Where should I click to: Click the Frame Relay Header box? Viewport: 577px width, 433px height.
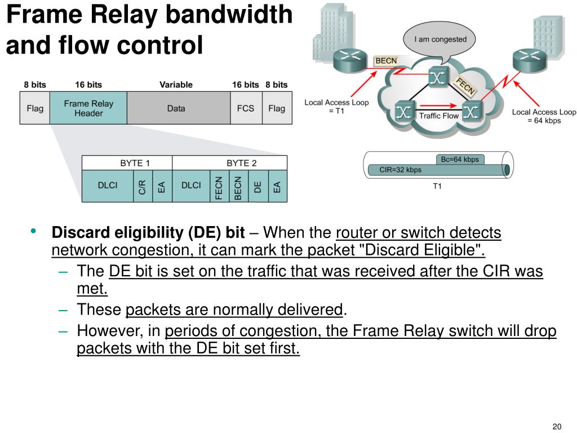(x=88, y=108)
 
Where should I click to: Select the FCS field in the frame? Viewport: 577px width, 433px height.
(x=246, y=108)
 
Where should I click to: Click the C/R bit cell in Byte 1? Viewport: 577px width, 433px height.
(x=143, y=186)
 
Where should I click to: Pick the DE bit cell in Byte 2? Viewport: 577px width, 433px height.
(x=258, y=186)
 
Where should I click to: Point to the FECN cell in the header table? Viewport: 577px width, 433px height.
(x=219, y=186)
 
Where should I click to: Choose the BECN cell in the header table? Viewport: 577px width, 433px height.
(x=239, y=186)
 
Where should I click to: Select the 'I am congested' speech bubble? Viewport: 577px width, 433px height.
(x=440, y=41)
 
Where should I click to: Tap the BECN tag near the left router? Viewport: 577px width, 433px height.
(x=386, y=61)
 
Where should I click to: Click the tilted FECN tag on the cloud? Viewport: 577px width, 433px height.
(x=465, y=86)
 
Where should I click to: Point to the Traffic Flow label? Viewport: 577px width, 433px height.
(x=438, y=116)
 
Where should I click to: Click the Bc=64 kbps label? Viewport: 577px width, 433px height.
(x=460, y=160)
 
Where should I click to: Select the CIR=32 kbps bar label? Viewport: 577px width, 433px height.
(x=401, y=170)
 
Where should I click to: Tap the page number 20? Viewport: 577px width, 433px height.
(x=557, y=426)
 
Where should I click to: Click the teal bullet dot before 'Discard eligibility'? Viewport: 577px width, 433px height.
(x=33, y=231)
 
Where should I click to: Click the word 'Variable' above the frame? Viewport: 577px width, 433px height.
(x=176, y=85)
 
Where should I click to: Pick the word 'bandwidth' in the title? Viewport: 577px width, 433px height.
(x=229, y=15)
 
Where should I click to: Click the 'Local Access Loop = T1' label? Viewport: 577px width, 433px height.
(x=336, y=107)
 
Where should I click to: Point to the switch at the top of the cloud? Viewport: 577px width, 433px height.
(x=437, y=77)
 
